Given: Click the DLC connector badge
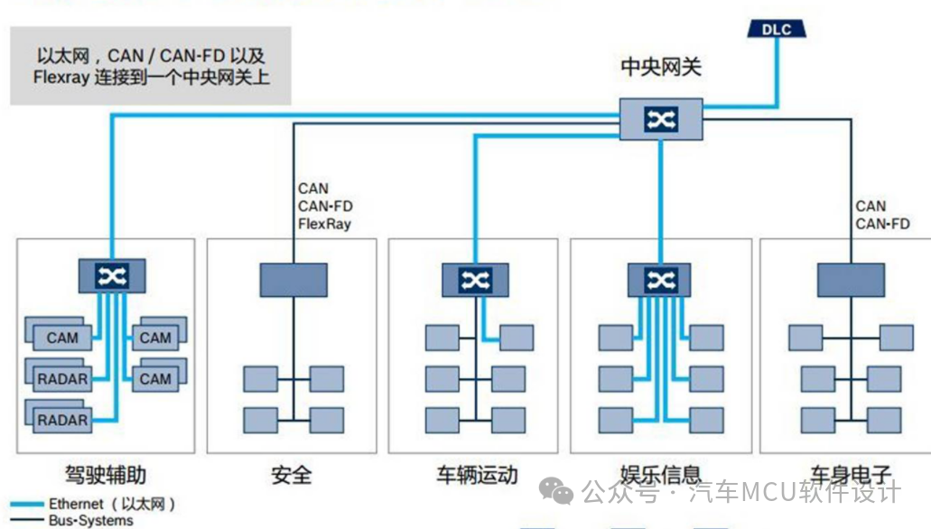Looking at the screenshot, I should click(776, 29).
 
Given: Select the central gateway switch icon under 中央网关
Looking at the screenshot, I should click(662, 119).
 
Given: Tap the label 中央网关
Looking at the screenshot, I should click(661, 68).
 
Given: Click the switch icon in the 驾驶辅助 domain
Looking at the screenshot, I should click(112, 275).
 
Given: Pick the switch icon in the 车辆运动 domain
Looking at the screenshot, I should click(475, 280).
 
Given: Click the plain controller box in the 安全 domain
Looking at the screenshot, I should click(293, 280).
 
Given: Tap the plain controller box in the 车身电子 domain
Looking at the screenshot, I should click(851, 280).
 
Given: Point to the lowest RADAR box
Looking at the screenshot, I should click(62, 420).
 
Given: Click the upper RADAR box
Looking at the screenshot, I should click(62, 378).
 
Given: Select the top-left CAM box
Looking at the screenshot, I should click(62, 338).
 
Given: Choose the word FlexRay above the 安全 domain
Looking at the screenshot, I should click(324, 224).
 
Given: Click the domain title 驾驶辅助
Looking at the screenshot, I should click(106, 475).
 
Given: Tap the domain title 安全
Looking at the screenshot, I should click(291, 475).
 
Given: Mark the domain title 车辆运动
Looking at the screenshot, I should click(477, 475).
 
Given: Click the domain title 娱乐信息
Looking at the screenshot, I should click(661, 475).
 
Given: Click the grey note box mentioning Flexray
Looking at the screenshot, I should click(151, 66).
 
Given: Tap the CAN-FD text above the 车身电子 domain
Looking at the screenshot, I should click(882, 224).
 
